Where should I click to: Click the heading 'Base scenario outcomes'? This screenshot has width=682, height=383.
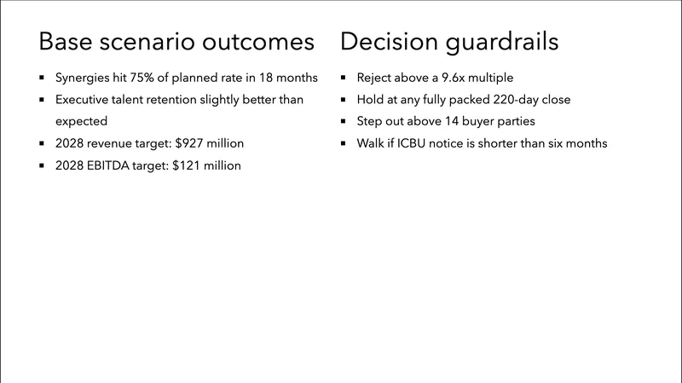pyautogui.click(x=177, y=42)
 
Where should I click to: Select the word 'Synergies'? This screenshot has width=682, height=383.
pyautogui.click(x=83, y=78)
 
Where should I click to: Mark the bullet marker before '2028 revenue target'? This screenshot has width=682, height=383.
pyautogui.click(x=42, y=144)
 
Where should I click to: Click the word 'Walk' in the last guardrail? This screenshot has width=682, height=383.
pyautogui.click(x=371, y=144)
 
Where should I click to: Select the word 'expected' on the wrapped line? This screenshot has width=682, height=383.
pyautogui.click(x=81, y=122)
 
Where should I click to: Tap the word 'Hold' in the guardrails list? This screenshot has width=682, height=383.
pyautogui.click(x=371, y=100)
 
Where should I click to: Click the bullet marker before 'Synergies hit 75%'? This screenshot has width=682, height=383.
pyautogui.click(x=42, y=78)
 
